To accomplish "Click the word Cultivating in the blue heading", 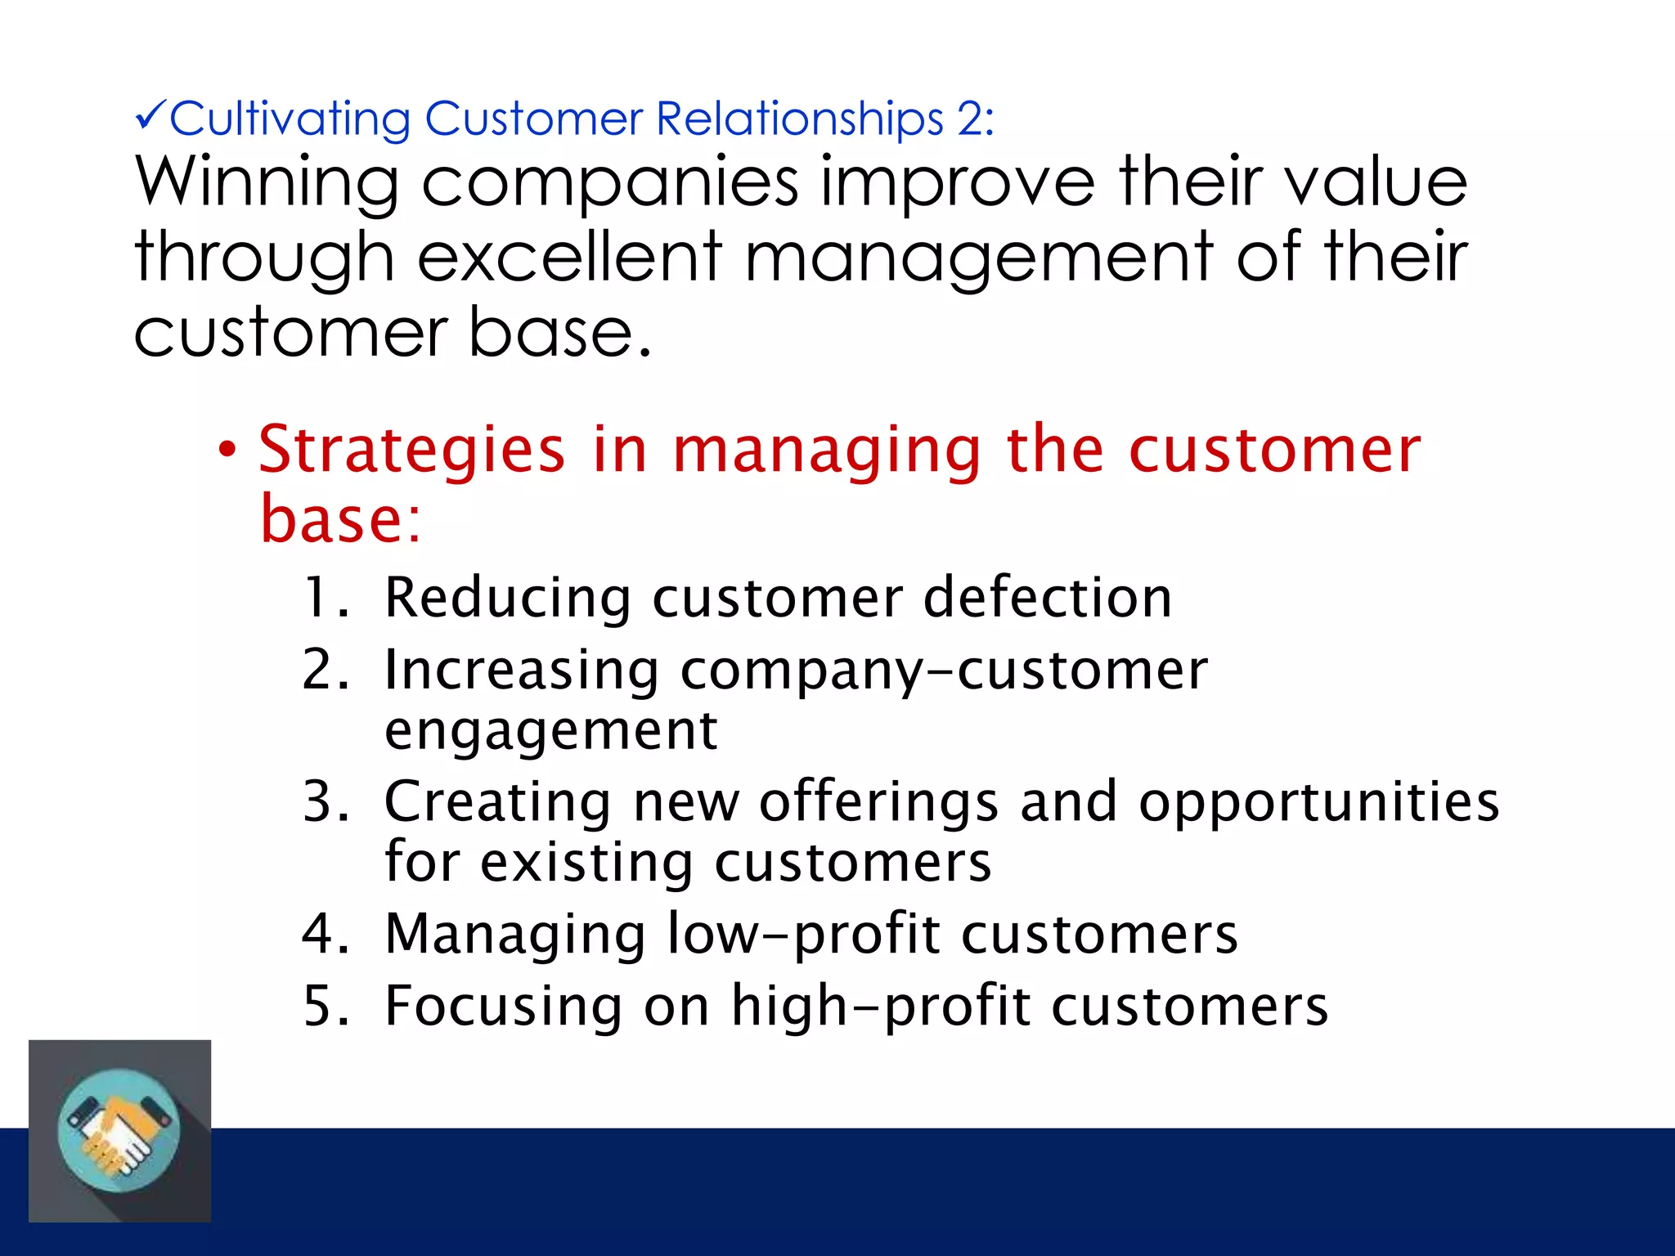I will (290, 119).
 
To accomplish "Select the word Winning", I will (267, 183).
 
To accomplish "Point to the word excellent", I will (570, 257).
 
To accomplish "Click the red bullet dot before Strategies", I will (227, 450).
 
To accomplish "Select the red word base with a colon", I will (340, 519).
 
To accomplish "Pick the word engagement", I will (550, 731).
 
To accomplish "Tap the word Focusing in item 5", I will (503, 1006).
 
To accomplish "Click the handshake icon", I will (119, 1131).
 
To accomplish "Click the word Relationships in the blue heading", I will (800, 119).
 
